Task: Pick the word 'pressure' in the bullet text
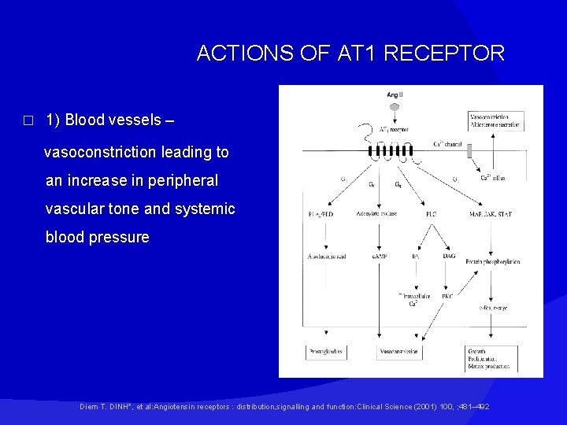(118, 238)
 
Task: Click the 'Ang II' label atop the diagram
(394, 95)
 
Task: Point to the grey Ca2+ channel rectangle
(469, 151)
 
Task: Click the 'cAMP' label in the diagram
(376, 257)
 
